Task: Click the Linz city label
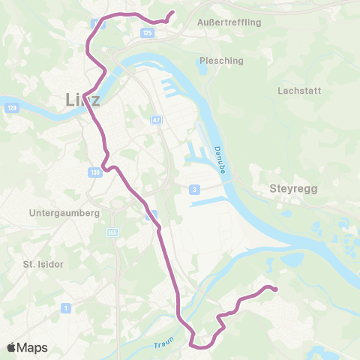coord(82,99)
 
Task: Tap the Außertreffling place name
coord(229,22)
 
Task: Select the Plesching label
coord(218,61)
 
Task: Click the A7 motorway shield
coord(155,118)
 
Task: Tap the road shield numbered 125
coord(148,33)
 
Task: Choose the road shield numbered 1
coord(66,307)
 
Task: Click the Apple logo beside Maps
coord(12,347)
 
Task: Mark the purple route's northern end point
coord(172,12)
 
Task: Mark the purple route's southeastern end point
coord(276,289)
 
